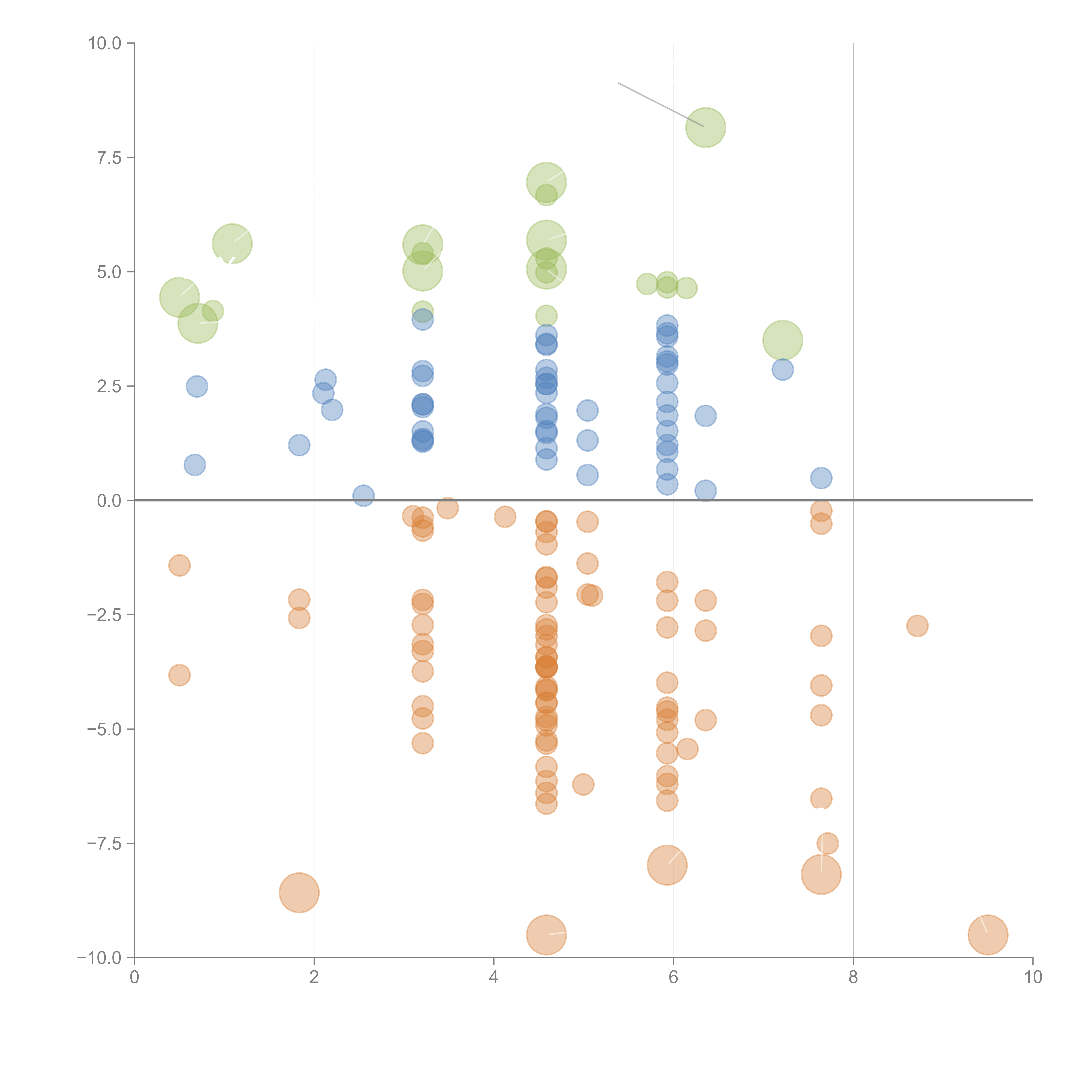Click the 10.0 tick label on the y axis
(105, 43)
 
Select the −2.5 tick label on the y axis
(105, 615)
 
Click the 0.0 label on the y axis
(109, 501)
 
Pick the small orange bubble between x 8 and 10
(917, 626)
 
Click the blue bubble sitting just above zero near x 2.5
(363, 495)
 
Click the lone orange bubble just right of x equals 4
(505, 517)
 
